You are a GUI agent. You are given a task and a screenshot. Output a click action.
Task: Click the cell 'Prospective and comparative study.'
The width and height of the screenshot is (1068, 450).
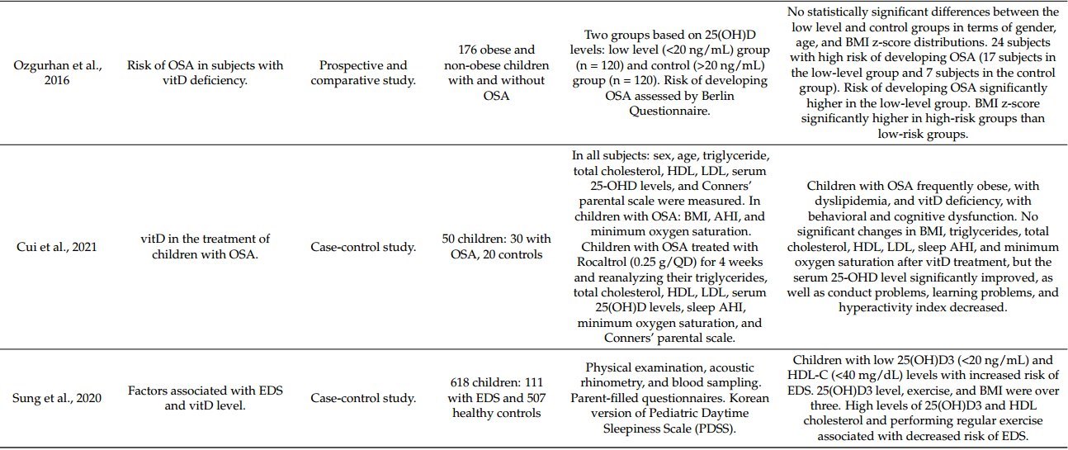pyautogui.click(x=363, y=73)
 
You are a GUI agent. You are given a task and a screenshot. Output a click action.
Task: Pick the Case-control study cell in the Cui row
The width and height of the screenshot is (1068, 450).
pyautogui.click(x=363, y=246)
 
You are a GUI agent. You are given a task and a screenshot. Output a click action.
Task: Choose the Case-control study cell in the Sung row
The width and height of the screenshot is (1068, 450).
pyautogui.click(x=363, y=398)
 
